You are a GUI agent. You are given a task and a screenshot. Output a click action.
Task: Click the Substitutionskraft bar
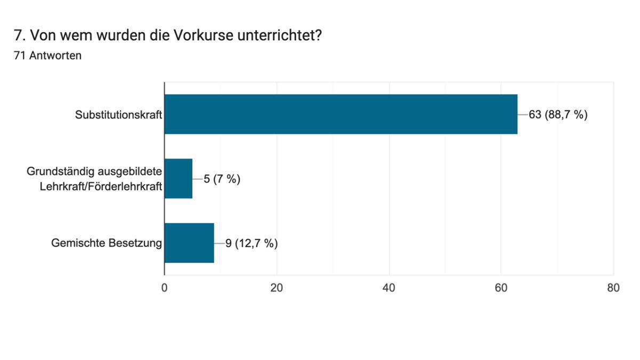[341, 114]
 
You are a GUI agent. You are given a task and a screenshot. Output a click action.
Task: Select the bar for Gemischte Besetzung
[189, 243]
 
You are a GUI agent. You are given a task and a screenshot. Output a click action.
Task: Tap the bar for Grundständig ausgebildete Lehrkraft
[178, 179]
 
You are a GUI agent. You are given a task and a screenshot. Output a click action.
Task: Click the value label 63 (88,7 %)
[558, 115]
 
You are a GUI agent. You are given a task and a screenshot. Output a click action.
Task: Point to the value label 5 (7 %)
[222, 179]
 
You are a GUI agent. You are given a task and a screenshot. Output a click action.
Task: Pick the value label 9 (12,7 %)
[251, 244]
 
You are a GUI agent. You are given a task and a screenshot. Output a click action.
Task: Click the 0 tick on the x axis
[164, 288]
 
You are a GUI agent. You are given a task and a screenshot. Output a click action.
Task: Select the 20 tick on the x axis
[276, 288]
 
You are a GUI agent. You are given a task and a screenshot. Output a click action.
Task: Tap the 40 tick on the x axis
[389, 288]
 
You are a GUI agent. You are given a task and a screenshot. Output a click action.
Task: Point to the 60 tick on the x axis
[501, 288]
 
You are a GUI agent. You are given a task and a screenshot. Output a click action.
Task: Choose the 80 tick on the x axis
[613, 288]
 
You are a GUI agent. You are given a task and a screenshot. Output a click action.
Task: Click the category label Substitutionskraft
[118, 115]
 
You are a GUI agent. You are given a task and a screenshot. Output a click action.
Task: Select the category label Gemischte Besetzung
[107, 244]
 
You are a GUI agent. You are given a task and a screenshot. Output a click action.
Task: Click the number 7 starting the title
[17, 36]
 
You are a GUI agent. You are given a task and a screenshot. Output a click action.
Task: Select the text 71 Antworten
[47, 55]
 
